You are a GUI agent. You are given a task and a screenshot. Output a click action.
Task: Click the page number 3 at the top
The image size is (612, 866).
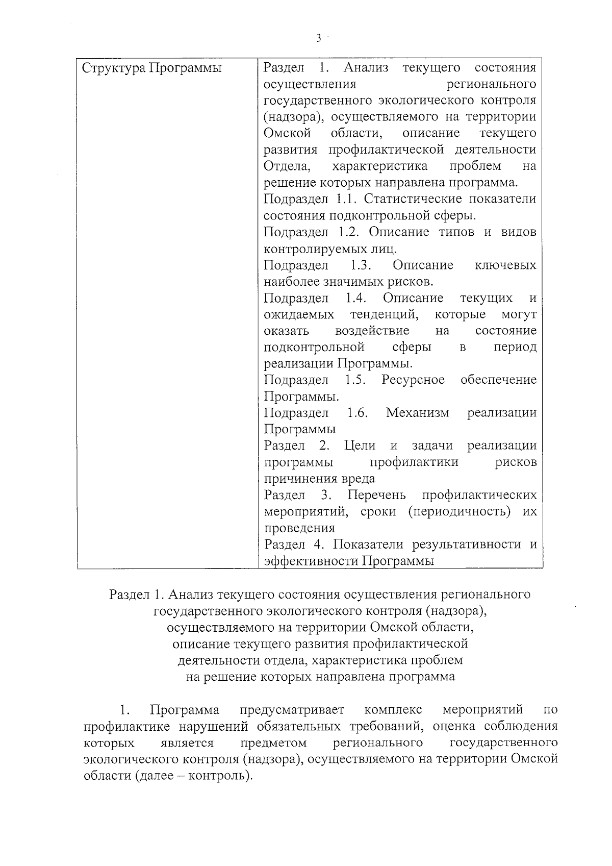click(x=318, y=38)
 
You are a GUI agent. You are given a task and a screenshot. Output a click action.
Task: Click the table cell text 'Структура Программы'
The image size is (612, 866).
click(x=152, y=68)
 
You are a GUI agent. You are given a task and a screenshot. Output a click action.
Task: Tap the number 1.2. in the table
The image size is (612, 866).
click(x=349, y=232)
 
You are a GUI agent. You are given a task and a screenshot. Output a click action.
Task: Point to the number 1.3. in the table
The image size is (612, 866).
click(x=360, y=265)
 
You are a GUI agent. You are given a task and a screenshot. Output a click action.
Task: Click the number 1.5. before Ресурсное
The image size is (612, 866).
click(x=355, y=380)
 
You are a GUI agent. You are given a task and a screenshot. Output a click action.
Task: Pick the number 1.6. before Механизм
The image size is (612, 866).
click(x=358, y=412)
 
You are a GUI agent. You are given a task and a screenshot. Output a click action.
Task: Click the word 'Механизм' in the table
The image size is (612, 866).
click(x=417, y=412)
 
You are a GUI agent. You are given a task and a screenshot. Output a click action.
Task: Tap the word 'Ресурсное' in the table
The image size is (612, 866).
click(x=413, y=380)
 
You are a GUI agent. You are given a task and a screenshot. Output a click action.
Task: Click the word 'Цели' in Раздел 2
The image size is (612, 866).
click(x=360, y=446)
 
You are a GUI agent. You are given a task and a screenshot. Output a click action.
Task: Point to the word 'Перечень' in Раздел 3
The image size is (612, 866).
click(x=377, y=495)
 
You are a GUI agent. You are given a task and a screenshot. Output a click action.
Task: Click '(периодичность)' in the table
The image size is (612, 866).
click(x=459, y=511)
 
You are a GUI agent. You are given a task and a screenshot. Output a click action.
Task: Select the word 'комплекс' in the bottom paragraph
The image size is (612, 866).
click(x=393, y=710)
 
